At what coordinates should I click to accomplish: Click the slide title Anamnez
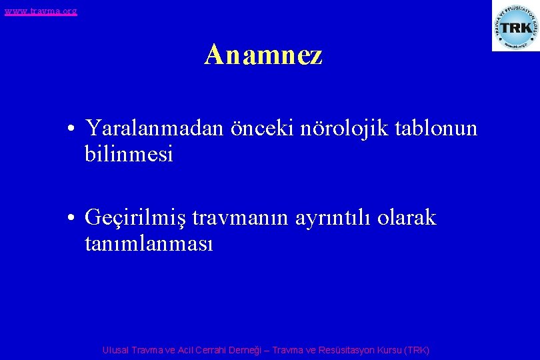point(263,55)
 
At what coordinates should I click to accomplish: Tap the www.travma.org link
point(40,11)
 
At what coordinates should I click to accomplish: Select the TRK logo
point(515,26)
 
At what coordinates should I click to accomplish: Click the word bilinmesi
point(129,155)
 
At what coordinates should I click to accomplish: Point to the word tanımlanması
point(149,245)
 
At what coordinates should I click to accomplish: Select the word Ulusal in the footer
point(116,350)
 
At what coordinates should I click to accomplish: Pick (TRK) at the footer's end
point(417,350)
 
